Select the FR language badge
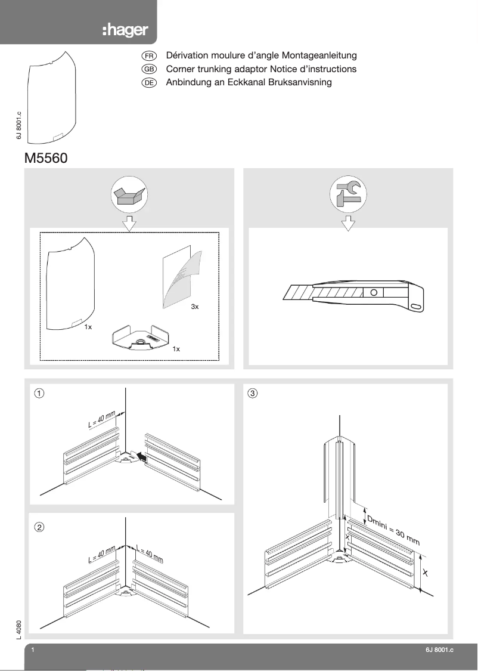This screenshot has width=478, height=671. [148, 55]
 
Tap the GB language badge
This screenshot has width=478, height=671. [148, 69]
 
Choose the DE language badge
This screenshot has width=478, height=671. [148, 83]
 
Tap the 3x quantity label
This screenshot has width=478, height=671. [194, 307]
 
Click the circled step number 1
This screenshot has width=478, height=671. [39, 393]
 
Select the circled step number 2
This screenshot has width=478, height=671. [39, 527]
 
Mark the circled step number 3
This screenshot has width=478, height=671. [253, 393]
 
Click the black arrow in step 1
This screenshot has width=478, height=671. [141, 457]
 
